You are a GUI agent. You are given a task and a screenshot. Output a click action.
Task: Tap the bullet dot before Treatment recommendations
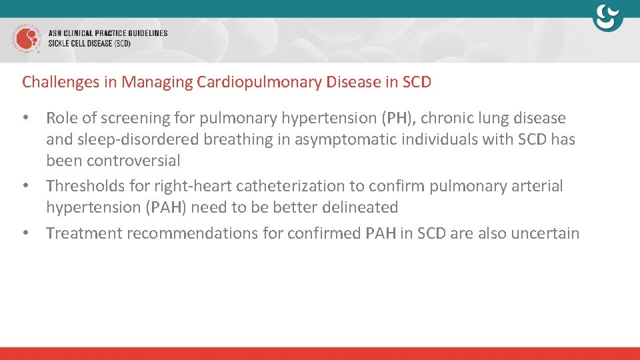click(x=26, y=233)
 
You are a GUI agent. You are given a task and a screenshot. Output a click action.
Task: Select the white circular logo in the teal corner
click(x=607, y=18)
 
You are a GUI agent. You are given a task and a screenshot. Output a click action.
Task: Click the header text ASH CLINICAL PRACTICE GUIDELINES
click(x=108, y=33)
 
